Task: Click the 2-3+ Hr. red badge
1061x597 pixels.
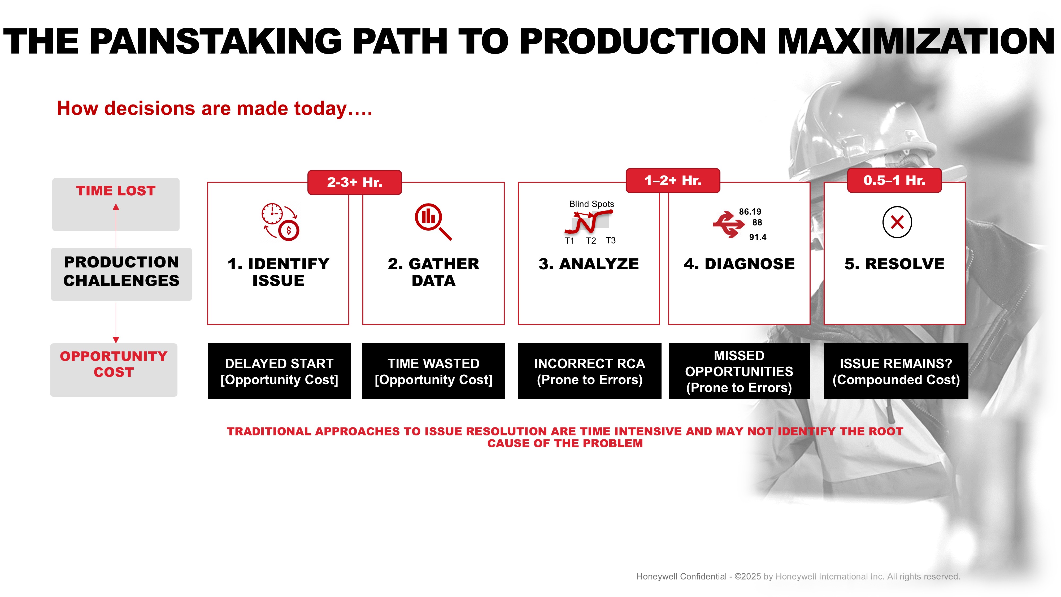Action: [x=355, y=182]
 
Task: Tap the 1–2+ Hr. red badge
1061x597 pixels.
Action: [x=673, y=180]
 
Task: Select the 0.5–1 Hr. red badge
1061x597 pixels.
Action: [x=894, y=180]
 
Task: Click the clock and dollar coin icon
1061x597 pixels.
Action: [x=280, y=222]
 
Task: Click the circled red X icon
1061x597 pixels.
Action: [x=897, y=222]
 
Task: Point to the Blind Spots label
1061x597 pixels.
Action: [x=592, y=204]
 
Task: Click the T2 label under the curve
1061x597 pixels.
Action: [x=591, y=241]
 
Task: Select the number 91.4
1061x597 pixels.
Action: [x=758, y=237]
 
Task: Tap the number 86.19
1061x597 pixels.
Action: [x=750, y=211]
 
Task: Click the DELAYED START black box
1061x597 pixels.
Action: [x=279, y=371]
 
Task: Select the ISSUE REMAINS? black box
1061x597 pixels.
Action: [x=896, y=371]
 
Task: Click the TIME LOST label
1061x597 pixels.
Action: [x=116, y=191]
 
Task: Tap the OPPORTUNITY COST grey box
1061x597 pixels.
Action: [x=114, y=370]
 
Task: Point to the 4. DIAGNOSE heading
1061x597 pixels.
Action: [x=739, y=264]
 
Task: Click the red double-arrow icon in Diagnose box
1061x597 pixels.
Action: [x=729, y=224]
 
